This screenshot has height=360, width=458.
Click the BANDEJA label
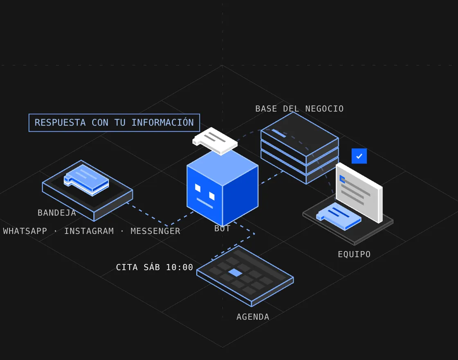57,213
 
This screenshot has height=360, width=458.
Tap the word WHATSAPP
25,231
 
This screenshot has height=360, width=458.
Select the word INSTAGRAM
89,231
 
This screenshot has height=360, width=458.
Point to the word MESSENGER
155,231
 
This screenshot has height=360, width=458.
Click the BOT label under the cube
222,229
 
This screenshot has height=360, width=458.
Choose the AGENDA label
253,317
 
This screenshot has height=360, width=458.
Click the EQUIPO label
354,254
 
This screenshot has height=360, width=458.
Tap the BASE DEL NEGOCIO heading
299,109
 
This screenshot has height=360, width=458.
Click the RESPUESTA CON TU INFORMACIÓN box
114,123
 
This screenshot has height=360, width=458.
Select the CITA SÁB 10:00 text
155,267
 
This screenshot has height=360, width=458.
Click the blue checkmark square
359,156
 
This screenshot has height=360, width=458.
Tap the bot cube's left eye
198,188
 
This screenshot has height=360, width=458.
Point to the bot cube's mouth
205,203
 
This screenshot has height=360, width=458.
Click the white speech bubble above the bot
215,141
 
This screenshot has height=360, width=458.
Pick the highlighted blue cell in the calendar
235,272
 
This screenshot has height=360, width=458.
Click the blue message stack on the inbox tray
86,180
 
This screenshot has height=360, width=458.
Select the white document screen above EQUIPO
359,193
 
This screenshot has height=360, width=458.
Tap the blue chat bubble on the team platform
339,216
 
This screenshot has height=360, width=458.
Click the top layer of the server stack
300,138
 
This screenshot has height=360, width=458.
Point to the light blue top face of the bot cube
222,167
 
